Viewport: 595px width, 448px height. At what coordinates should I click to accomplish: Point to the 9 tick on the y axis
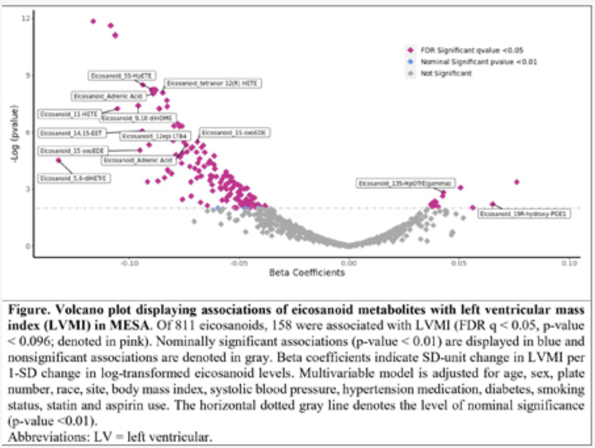28,75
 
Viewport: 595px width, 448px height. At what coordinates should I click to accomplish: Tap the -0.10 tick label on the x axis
129,263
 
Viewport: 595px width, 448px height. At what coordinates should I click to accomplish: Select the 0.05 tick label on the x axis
459,263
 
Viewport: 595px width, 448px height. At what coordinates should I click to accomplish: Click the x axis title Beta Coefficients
307,273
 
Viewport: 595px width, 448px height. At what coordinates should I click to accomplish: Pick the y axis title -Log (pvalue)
14,134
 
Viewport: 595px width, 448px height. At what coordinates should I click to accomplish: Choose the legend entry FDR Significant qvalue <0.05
471,50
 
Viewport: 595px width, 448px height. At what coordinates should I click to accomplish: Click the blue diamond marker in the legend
410,62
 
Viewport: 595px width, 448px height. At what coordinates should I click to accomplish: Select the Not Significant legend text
446,73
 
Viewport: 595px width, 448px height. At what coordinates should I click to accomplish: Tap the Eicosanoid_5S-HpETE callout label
122,76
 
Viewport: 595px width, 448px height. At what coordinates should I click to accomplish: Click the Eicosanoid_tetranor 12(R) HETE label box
212,83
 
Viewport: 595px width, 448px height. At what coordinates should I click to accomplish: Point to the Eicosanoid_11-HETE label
69,114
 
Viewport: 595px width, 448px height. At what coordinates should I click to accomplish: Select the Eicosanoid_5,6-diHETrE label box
74,178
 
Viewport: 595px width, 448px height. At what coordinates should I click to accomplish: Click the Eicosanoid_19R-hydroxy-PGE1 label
524,214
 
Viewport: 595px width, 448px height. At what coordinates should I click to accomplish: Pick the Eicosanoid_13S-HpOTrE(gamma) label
405,183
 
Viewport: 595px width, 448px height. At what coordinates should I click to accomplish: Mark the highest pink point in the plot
93,21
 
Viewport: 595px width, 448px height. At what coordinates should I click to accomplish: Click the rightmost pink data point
517,182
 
